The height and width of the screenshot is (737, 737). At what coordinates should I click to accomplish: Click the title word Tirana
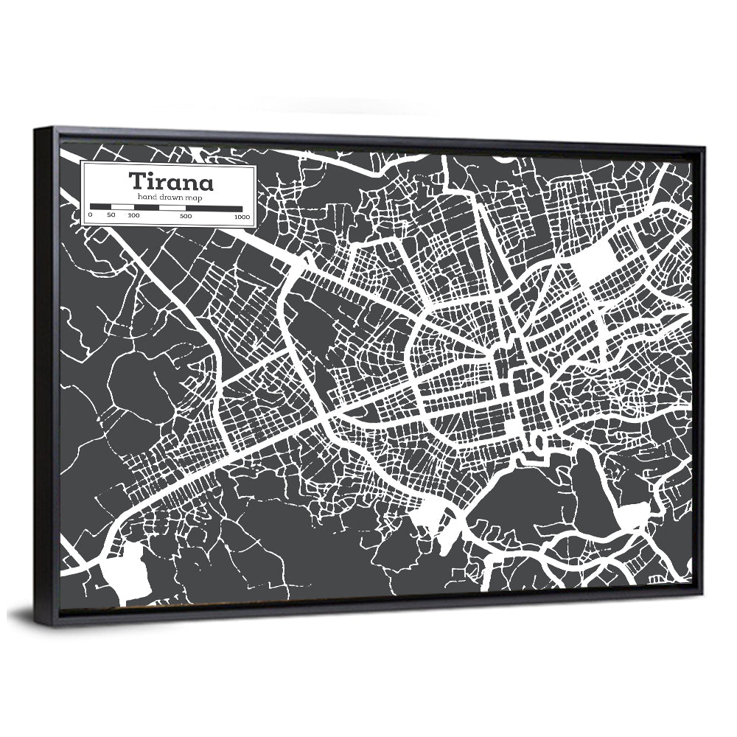pos(171,181)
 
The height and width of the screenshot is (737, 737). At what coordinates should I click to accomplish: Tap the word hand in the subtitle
pos(144,198)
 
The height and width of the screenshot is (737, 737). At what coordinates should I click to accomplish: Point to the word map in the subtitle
pos(195,198)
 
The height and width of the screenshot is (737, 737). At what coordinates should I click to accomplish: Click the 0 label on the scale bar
pos(90,216)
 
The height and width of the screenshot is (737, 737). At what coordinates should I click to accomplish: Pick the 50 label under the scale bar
pos(111,216)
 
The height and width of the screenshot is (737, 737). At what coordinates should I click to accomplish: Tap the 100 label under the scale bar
pos(133,216)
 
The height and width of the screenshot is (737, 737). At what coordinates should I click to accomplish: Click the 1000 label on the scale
pos(241,217)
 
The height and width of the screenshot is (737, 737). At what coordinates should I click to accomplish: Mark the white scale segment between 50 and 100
pos(122,208)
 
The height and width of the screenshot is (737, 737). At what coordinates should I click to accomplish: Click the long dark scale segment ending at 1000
pos(214,209)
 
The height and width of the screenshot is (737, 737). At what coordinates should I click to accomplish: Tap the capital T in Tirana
pos(137,181)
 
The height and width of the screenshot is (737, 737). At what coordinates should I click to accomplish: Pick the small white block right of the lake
pos(633,514)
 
